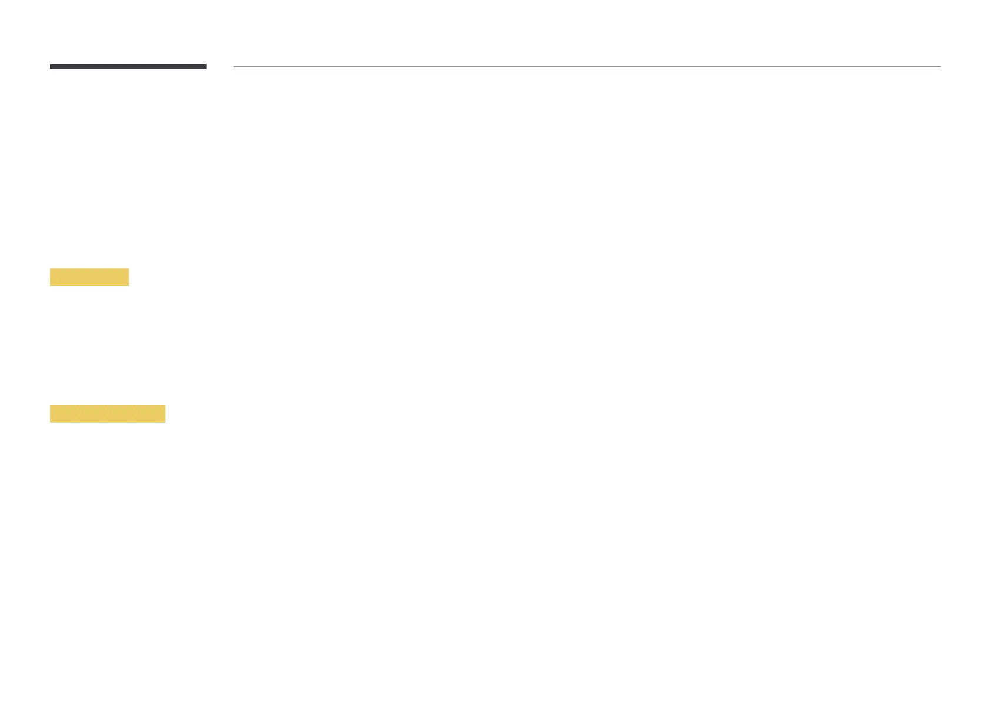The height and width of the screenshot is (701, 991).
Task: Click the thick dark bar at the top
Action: pos(128,67)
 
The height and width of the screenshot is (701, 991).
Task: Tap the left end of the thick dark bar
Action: pos(51,67)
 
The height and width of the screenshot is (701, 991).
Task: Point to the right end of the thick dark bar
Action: pos(205,67)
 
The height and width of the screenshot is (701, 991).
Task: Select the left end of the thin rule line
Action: pos(235,67)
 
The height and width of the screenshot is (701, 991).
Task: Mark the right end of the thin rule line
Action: pos(940,67)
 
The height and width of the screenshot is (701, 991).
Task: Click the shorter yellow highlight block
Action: pos(89,277)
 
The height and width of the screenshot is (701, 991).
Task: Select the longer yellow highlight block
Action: pos(108,414)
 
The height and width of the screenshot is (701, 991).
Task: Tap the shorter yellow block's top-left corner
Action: pos(51,269)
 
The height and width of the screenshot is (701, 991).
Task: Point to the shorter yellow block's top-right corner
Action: pos(128,269)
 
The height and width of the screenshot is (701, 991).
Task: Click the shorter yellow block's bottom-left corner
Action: pos(51,285)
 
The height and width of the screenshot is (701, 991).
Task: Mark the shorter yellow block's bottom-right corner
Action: pos(128,285)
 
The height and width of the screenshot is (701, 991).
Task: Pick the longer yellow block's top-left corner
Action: pos(51,406)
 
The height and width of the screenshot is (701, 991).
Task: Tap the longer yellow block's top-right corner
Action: pos(165,406)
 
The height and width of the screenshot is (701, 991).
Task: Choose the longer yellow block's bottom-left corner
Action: pos(51,422)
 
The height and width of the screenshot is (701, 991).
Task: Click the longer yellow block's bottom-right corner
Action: pos(165,422)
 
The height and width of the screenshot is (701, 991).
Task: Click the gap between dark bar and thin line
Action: pos(220,67)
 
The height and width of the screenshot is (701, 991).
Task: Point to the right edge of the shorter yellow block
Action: pos(128,277)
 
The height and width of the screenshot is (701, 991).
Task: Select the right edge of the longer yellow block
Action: pos(165,414)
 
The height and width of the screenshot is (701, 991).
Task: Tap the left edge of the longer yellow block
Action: pos(51,414)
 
